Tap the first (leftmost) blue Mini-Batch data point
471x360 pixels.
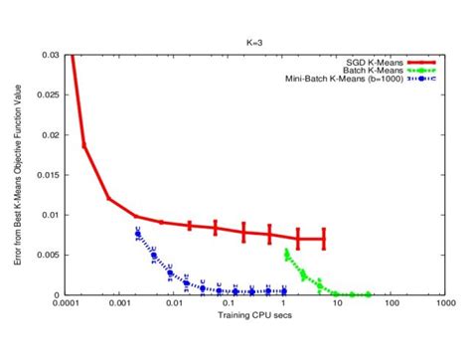point(137,233)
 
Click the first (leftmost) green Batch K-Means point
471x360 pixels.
point(286,252)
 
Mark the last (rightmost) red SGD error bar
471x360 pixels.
point(324,239)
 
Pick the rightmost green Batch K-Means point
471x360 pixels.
point(369,294)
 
